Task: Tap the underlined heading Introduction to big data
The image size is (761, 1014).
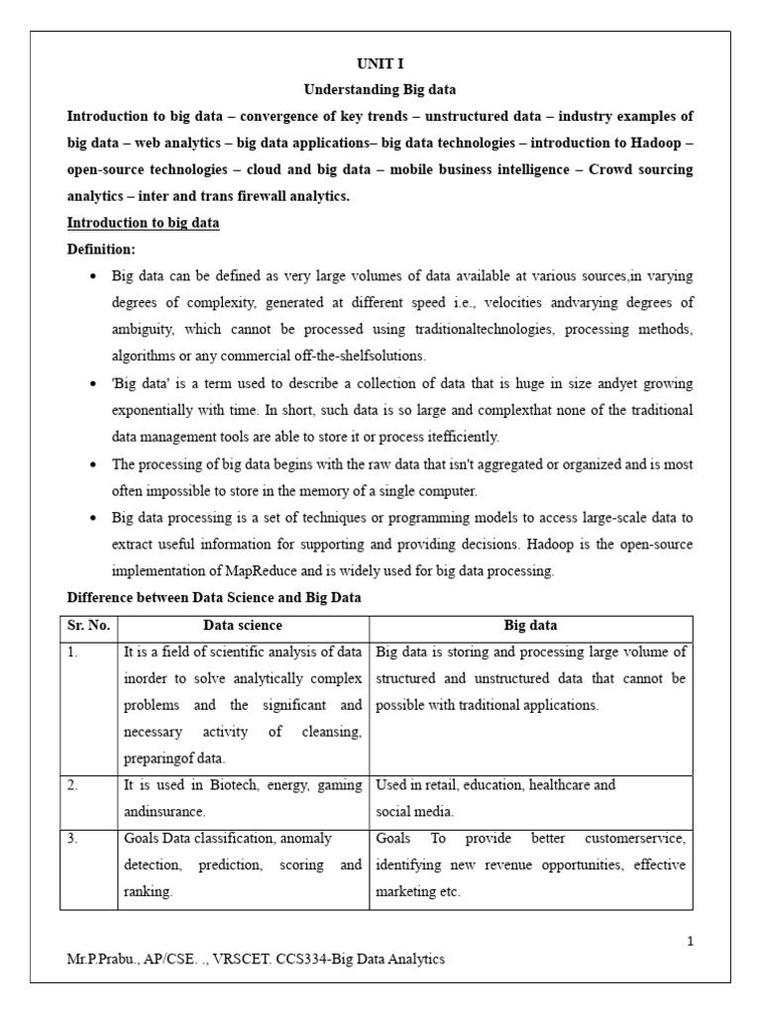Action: point(143,223)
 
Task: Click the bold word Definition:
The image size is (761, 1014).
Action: point(101,249)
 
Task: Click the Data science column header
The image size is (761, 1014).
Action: point(243,625)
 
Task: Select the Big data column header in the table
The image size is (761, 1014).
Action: point(531,625)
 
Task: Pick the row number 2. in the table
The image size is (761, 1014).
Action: point(74,785)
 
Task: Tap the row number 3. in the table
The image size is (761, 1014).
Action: point(74,838)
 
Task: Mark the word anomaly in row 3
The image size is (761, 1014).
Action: point(303,838)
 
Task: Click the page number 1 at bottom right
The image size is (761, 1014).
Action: point(690,942)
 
